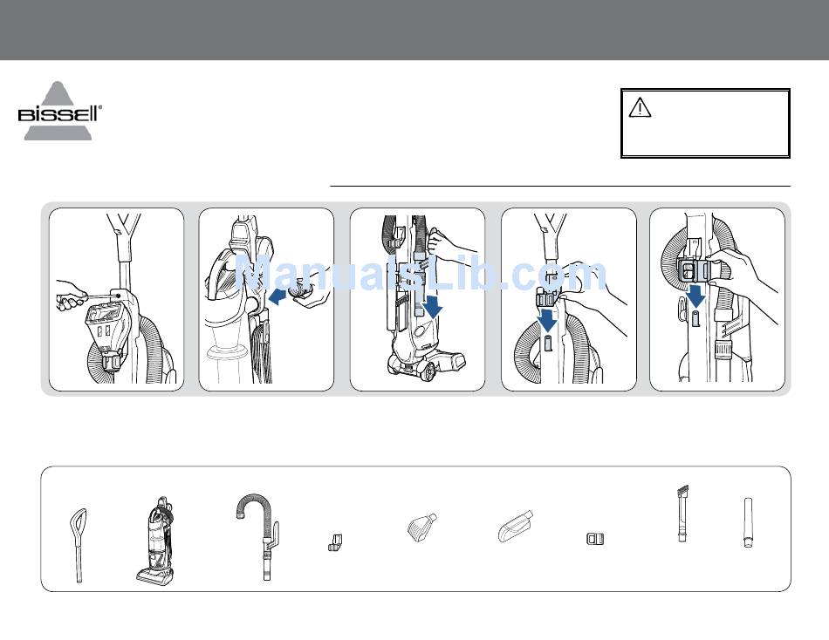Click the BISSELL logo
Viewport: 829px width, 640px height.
click(x=59, y=111)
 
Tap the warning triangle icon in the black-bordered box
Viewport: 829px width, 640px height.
click(x=640, y=107)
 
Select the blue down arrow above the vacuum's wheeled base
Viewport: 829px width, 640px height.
click(x=433, y=307)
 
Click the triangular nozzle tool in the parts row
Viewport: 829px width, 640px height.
click(x=421, y=527)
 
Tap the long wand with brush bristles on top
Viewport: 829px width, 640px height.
click(x=682, y=514)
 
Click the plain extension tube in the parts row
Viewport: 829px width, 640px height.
click(x=748, y=522)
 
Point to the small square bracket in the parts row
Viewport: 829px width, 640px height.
click(x=595, y=539)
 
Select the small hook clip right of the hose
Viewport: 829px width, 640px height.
click(x=335, y=543)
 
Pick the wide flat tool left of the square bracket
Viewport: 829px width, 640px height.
click(x=516, y=526)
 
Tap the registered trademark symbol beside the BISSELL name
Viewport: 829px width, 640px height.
click(x=100, y=107)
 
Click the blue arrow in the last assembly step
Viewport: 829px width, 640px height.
click(x=696, y=296)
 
